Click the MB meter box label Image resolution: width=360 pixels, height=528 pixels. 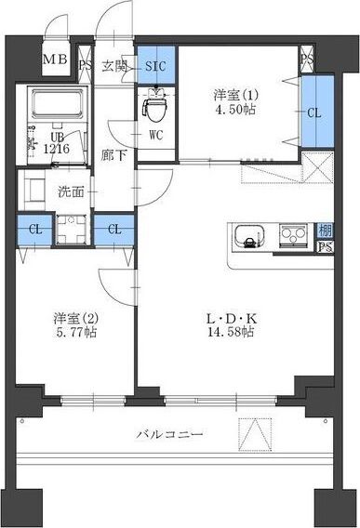click(x=56, y=59)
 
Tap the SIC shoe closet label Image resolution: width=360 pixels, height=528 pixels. click(x=155, y=66)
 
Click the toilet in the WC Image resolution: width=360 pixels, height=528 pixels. click(x=155, y=107)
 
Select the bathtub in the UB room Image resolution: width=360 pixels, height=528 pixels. click(x=58, y=104)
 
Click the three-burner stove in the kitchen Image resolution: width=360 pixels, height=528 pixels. click(x=293, y=233)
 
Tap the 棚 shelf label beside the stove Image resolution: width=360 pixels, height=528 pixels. click(x=325, y=231)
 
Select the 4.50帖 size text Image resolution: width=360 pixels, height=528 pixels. click(x=235, y=110)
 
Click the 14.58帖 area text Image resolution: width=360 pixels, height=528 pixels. click(x=231, y=333)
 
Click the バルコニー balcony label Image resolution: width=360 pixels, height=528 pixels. click(x=170, y=434)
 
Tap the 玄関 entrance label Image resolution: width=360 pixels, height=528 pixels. click(x=113, y=66)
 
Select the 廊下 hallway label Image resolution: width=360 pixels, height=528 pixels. click(x=113, y=155)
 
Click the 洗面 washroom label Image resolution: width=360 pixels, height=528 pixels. click(x=71, y=191)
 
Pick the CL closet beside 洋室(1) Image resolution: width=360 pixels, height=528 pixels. click(x=317, y=112)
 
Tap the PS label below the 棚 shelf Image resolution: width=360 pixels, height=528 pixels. click(x=326, y=247)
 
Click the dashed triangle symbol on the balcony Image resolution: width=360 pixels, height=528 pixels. click(x=255, y=434)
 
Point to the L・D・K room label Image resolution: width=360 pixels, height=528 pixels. click(x=232, y=318)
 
